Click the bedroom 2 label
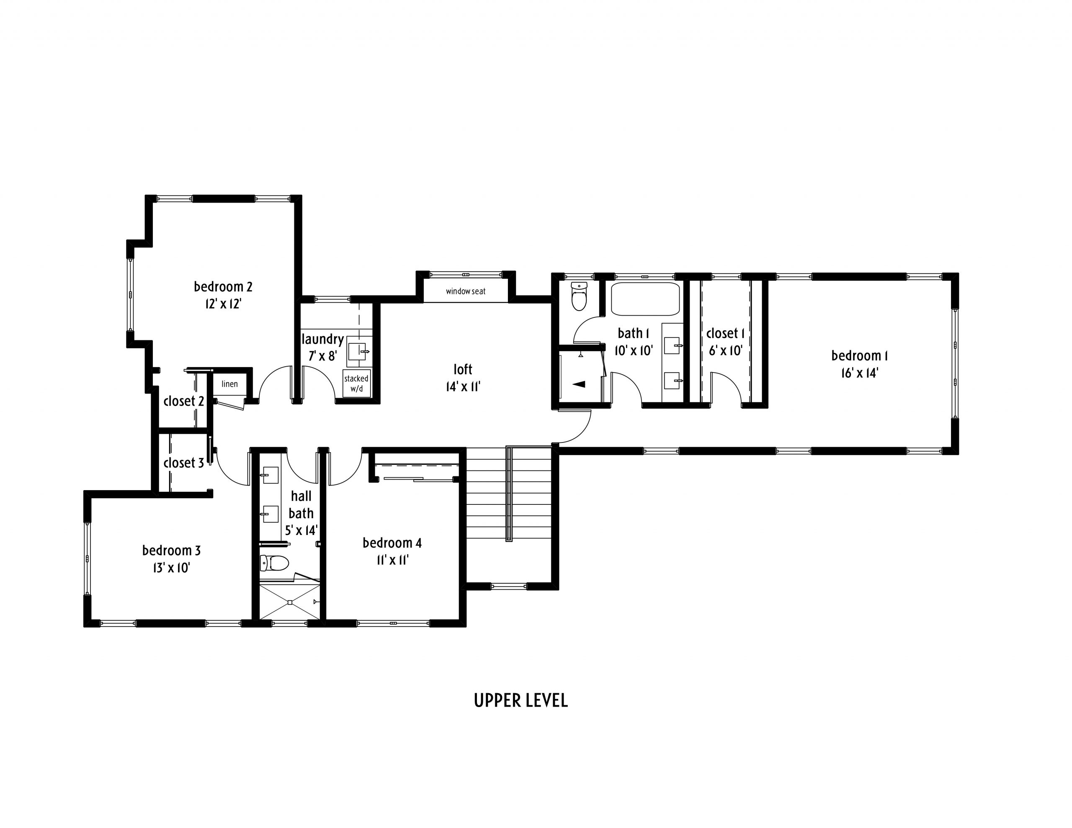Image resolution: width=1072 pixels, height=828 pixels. (x=223, y=287)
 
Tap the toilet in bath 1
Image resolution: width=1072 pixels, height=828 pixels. (x=579, y=296)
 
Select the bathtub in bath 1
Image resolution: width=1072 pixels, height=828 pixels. (x=645, y=299)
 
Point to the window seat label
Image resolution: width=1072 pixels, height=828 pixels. (x=465, y=291)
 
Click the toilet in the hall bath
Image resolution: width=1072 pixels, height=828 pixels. (x=274, y=563)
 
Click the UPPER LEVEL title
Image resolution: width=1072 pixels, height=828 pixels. (x=521, y=700)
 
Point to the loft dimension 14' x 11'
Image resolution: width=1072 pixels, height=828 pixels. (x=463, y=387)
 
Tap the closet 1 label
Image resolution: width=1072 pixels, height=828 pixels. (x=725, y=334)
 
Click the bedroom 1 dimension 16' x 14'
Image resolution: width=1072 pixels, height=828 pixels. (x=859, y=373)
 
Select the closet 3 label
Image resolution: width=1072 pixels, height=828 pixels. (x=183, y=463)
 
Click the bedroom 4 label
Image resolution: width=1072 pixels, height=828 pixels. (x=392, y=543)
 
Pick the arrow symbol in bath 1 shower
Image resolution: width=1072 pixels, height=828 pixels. (x=579, y=384)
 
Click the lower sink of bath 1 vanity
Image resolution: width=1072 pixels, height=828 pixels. (x=672, y=381)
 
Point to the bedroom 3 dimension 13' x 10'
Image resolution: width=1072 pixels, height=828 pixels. (x=171, y=568)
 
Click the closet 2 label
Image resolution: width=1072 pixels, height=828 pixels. (x=183, y=401)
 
